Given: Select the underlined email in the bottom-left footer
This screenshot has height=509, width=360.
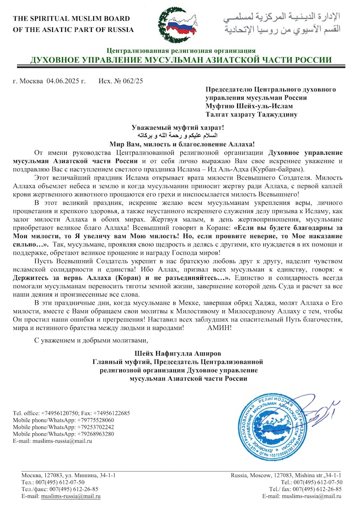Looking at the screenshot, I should click(71, 496).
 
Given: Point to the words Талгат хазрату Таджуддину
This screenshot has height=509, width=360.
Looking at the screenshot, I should click(251, 114).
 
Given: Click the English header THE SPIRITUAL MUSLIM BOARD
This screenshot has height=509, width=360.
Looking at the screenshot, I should click(72, 19).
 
